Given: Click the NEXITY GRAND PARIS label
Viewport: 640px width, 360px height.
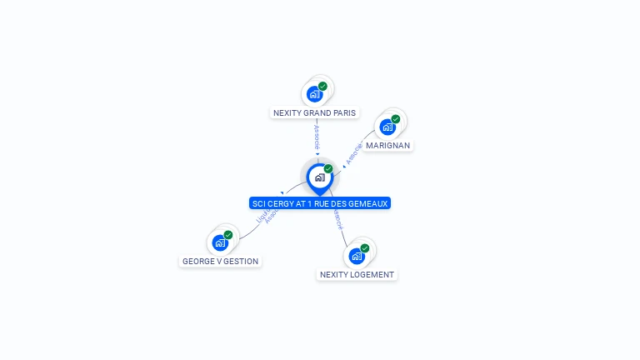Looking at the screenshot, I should click(x=314, y=112).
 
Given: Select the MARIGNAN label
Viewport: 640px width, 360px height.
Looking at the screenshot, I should click(x=388, y=145).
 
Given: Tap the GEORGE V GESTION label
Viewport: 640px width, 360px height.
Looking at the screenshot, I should click(x=221, y=261).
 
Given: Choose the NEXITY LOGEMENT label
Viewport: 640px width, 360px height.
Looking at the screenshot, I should click(x=357, y=274).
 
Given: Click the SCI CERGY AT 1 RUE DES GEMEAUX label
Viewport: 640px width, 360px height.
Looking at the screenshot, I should click(x=320, y=203).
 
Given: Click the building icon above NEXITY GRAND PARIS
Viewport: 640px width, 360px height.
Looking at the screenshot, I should click(x=314, y=93).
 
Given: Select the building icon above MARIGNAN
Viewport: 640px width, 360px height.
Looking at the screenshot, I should click(x=387, y=127).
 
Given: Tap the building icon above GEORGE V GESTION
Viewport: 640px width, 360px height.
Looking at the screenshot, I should click(x=220, y=242).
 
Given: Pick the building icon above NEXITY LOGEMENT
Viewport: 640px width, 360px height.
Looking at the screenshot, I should click(x=357, y=256).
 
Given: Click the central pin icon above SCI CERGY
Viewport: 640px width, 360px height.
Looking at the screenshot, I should click(x=319, y=177).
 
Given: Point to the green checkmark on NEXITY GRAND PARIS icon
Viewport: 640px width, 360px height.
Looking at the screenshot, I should click(x=322, y=86).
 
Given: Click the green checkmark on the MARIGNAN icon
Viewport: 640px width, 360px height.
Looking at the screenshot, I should click(x=395, y=119).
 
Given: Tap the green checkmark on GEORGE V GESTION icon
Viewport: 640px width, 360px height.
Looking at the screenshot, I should click(x=228, y=235).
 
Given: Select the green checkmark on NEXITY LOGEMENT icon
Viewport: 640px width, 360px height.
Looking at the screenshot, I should click(x=365, y=248).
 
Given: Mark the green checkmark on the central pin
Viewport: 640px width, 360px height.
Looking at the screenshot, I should click(x=328, y=169).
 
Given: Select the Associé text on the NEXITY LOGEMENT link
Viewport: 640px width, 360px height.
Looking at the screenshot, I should click(x=337, y=220).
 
